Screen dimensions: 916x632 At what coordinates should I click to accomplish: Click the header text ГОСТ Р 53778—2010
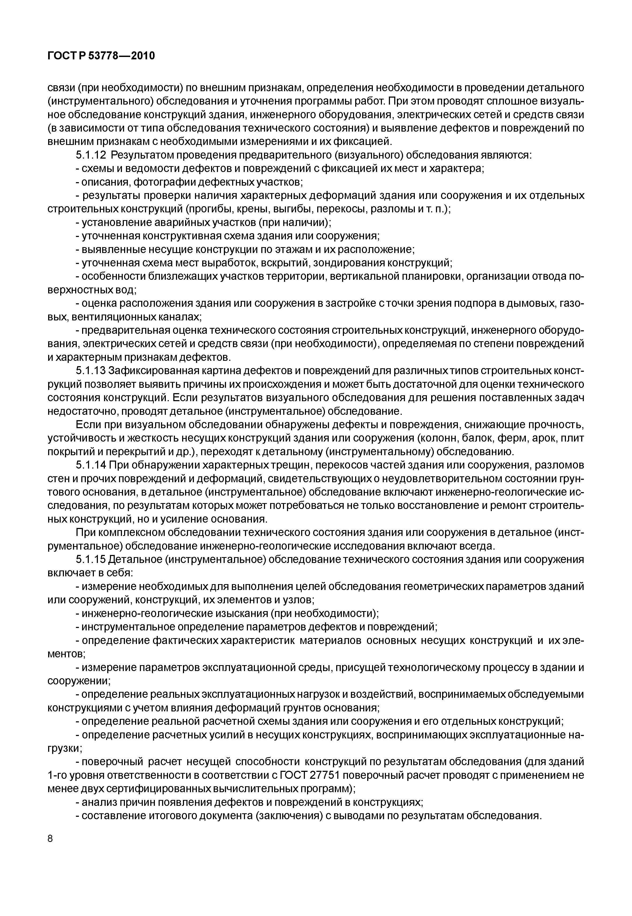101,56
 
